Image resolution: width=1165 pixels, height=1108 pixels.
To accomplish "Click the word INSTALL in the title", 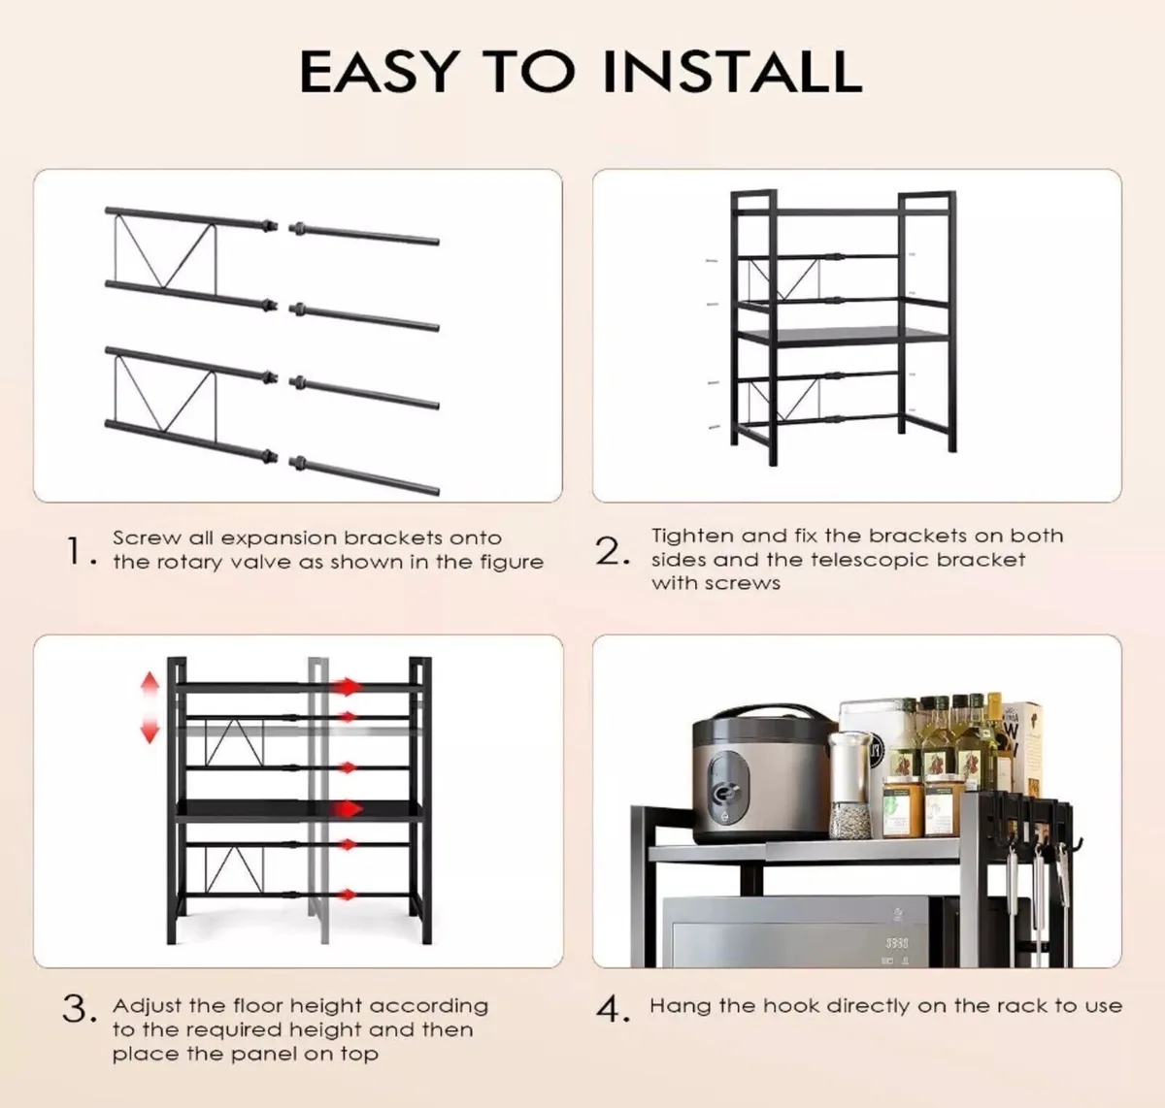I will click(x=731, y=71).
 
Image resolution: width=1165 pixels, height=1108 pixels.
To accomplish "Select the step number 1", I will click(x=76, y=551).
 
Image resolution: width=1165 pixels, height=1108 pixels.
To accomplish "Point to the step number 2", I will click(x=611, y=551).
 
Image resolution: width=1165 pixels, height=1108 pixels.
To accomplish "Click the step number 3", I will click(x=78, y=1009).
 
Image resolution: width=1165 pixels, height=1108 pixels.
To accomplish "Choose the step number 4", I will click(x=612, y=1009).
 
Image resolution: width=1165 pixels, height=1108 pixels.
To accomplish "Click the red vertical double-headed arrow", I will click(x=150, y=708).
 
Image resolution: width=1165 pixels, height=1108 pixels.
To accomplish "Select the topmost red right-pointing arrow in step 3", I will click(x=347, y=687).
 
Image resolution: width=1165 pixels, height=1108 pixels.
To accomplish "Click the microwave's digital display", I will click(x=896, y=943).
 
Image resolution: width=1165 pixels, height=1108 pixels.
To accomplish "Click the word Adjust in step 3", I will click(x=148, y=1006).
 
